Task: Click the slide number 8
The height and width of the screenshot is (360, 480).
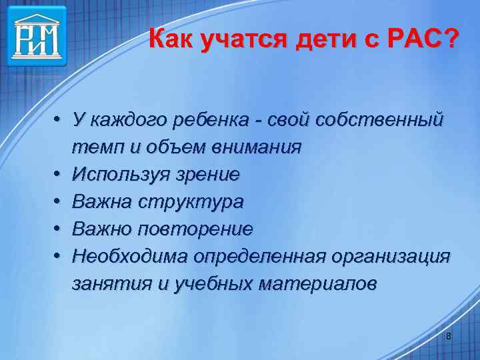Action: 448,337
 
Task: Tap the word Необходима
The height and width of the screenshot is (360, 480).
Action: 129,257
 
